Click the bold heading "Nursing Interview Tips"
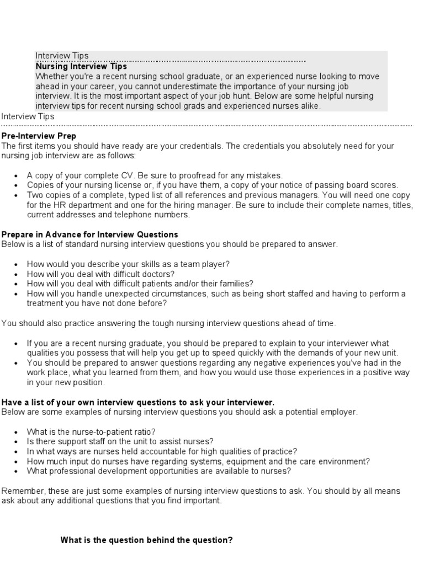click(81, 66)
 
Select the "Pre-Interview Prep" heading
click(39, 136)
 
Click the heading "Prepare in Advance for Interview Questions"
click(90, 234)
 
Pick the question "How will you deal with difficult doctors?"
click(101, 274)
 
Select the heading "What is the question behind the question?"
click(146, 540)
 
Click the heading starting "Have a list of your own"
click(138, 402)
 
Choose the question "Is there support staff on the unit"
click(120, 441)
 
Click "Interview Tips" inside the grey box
click(62, 56)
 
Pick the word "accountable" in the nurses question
click(162, 451)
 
